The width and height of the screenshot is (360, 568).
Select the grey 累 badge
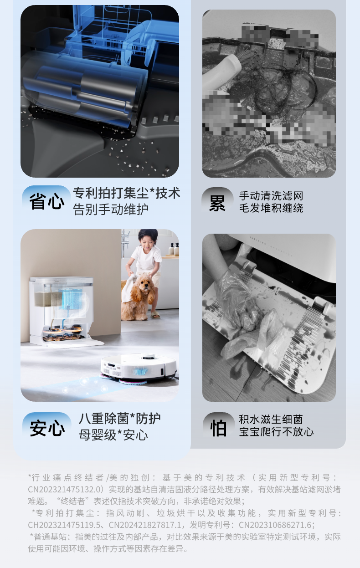point(217,202)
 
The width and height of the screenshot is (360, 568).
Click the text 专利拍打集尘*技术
point(127,193)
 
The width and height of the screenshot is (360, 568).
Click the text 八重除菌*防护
point(119,419)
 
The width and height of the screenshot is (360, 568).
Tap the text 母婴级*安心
point(113,435)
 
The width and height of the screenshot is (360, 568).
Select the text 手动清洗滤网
point(271,196)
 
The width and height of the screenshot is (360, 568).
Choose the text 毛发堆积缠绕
point(271,208)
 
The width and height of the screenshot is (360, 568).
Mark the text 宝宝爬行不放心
point(276,431)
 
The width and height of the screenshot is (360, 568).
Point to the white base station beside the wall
point(62,310)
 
